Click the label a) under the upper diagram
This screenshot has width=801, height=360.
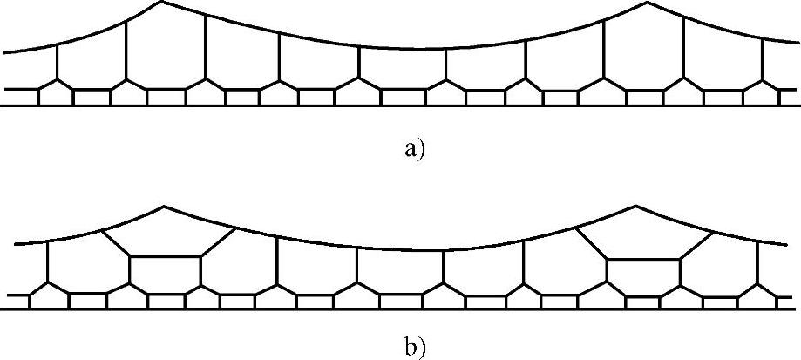tap(413, 149)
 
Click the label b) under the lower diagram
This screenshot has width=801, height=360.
tap(413, 347)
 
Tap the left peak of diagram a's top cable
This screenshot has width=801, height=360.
tap(160, 2)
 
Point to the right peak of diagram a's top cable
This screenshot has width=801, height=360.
tap(647, 2)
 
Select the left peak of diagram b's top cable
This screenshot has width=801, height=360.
tap(165, 207)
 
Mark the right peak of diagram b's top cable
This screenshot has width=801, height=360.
tap(636, 206)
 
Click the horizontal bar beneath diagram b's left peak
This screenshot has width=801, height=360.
tap(165, 256)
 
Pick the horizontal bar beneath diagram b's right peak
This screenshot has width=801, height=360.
tap(642, 259)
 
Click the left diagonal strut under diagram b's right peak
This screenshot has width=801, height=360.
tap(590, 242)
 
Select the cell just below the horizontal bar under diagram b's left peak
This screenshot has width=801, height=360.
tap(165, 275)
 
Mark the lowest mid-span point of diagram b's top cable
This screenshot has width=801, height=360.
tap(401, 249)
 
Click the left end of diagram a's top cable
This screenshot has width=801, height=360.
tap(5, 53)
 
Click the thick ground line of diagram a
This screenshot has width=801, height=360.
tap(401, 105)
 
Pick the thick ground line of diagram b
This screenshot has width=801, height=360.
tap(401, 309)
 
